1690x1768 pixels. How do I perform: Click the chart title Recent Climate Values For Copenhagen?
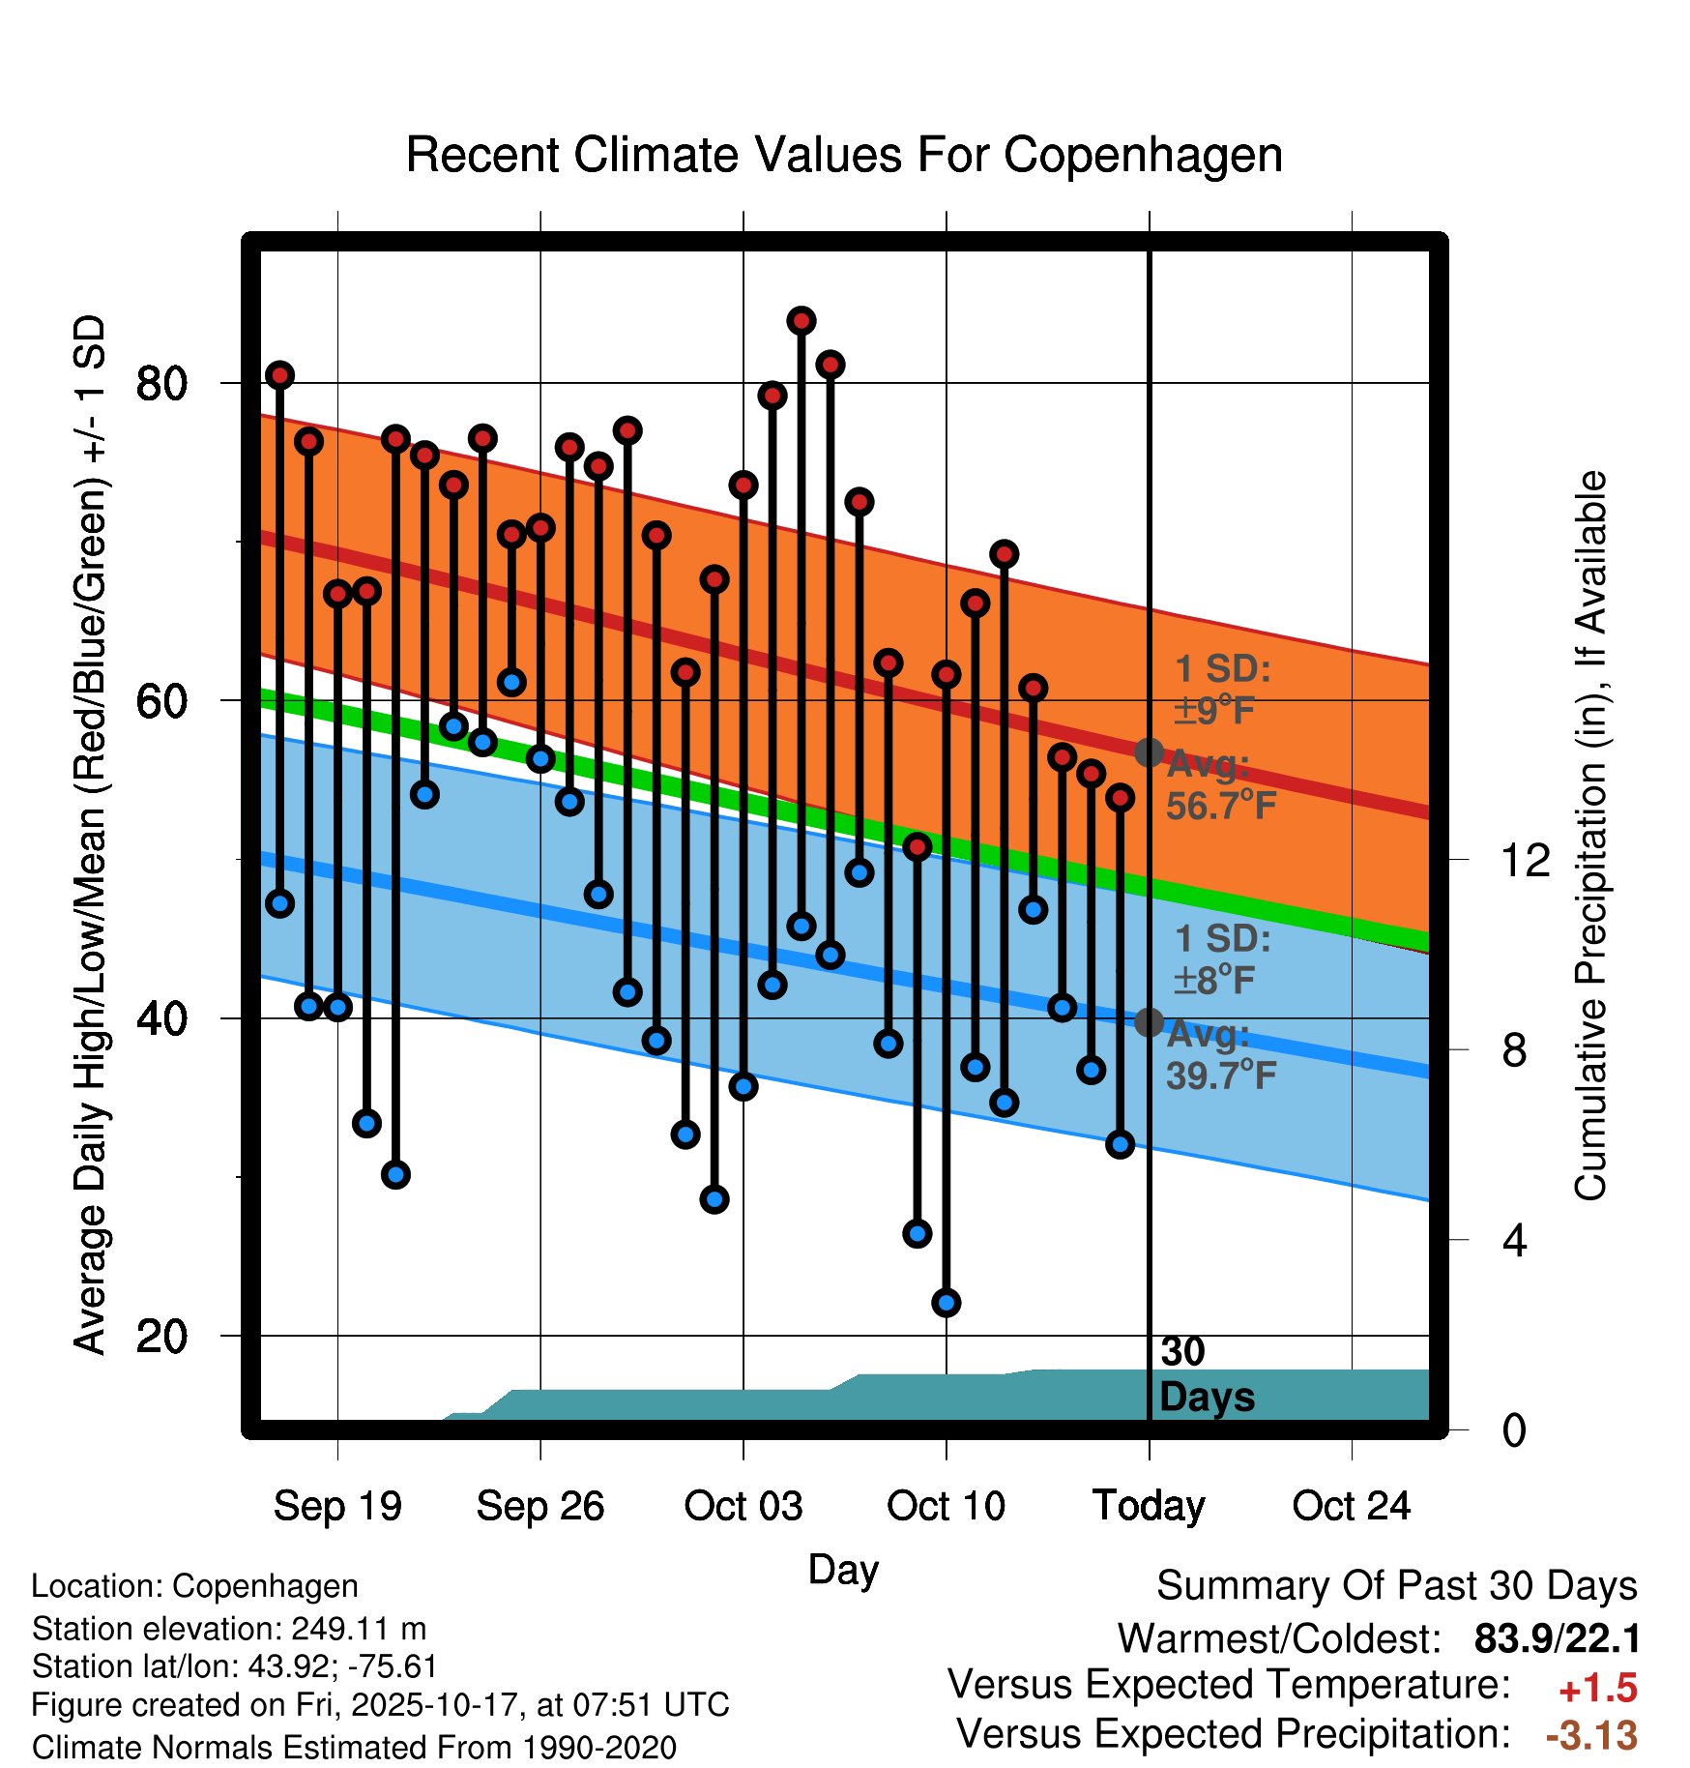(x=844, y=155)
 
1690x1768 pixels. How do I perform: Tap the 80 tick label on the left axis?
(x=160, y=383)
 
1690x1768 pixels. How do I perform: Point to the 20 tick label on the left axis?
(x=160, y=1336)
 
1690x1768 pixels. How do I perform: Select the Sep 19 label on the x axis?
(x=337, y=1506)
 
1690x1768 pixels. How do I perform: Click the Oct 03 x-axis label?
(x=743, y=1506)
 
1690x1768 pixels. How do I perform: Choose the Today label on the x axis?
(x=1149, y=1506)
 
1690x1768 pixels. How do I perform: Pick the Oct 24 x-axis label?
(x=1352, y=1506)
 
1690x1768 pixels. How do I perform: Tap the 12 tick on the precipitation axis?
(x=1525, y=860)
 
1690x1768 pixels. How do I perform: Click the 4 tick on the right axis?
(x=1514, y=1240)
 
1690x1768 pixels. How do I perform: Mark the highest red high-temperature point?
(x=801, y=320)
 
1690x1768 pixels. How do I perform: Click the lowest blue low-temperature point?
(x=946, y=1303)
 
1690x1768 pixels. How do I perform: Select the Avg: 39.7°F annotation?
(x=1220, y=1055)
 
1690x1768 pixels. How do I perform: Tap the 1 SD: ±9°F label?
(x=1222, y=690)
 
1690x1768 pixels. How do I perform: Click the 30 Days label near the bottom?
(x=1206, y=1374)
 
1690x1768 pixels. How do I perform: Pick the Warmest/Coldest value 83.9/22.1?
(x=1557, y=1638)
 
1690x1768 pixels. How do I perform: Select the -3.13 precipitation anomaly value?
(x=1591, y=1735)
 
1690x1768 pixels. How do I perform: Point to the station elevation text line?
(x=229, y=1629)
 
